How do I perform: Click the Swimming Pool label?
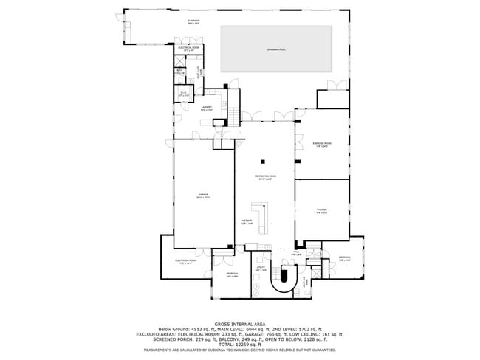pos(277,49)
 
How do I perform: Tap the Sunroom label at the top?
pos(193,22)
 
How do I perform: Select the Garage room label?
pos(202,196)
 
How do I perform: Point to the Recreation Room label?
pos(266,178)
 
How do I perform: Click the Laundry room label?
pos(207,108)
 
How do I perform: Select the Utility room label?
pos(260,270)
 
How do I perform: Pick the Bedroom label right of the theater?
pos(344,258)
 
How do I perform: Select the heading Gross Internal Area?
pos(239,324)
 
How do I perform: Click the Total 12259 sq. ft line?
pos(239,345)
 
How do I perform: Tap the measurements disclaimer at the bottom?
pos(239,350)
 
